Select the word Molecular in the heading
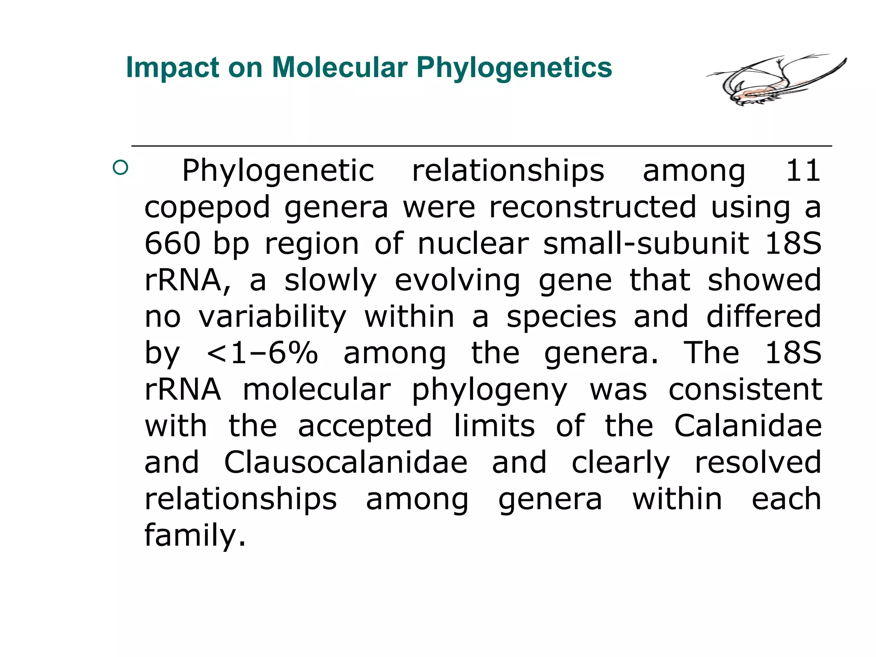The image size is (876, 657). click(340, 68)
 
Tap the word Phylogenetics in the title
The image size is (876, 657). click(514, 68)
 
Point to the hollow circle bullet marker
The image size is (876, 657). click(121, 167)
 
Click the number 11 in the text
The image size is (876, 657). click(803, 171)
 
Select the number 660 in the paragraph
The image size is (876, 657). click(172, 244)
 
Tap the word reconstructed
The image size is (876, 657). click(593, 207)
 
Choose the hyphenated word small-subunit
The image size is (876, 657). click(646, 244)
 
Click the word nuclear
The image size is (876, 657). click(473, 244)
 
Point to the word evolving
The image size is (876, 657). click(457, 281)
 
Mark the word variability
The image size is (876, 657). click(272, 317)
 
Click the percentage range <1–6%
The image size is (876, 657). click(262, 353)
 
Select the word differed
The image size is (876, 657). click(764, 317)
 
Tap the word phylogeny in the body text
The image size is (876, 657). click(489, 391)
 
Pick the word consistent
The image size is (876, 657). click(745, 390)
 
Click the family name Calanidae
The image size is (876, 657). click(748, 426)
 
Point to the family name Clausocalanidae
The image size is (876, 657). click(346, 463)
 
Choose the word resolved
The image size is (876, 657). click(758, 463)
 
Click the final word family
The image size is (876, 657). click(195, 536)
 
